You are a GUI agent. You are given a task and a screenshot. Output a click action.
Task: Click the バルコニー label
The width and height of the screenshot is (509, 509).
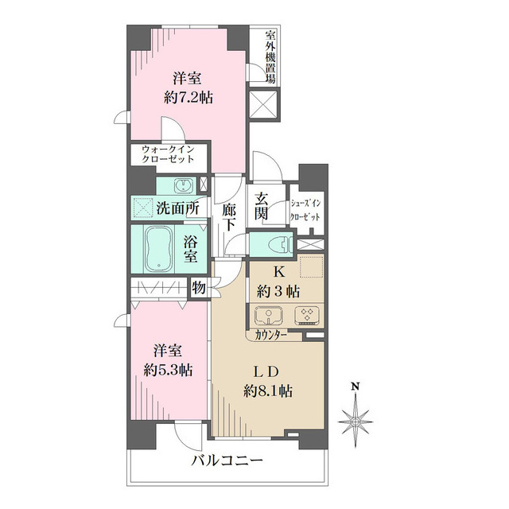(x=226, y=461)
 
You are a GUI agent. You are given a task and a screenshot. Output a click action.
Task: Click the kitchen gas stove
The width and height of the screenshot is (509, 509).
(x=305, y=316)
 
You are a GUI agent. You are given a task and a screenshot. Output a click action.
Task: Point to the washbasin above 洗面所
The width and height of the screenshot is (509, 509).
(x=182, y=185)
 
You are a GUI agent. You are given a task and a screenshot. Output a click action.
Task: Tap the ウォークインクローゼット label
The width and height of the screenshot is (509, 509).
(x=168, y=154)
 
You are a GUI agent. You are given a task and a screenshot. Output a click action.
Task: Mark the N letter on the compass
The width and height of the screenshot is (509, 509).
(x=357, y=387)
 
